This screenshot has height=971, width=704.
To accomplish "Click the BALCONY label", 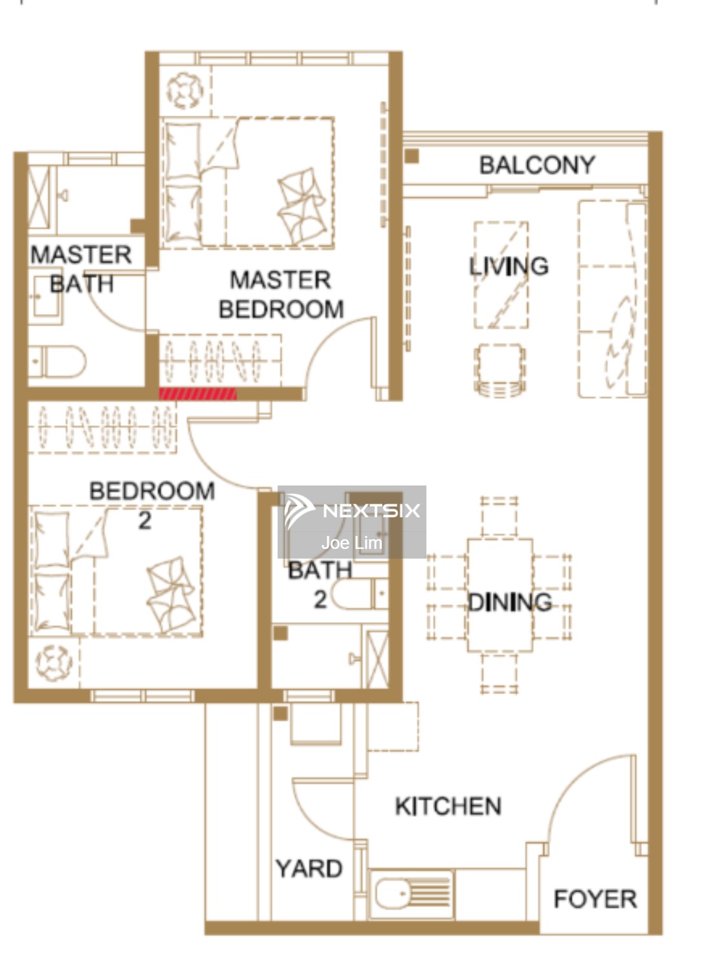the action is [537, 165].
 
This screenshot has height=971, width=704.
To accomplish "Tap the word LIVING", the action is [509, 265].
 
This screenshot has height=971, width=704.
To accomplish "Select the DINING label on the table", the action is [510, 602].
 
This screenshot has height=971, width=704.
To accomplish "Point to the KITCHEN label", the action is [448, 807].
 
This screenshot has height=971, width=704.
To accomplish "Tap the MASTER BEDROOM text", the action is [281, 295].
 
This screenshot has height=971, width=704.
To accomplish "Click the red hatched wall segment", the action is [197, 394].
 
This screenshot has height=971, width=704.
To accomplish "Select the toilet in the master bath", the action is [57, 361].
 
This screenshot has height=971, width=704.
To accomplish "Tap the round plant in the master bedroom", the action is [185, 91].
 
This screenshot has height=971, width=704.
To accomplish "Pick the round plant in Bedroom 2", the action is [54, 663].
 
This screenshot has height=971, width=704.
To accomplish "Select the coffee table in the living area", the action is [501, 275].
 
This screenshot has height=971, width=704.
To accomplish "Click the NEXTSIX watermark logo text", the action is [371, 511].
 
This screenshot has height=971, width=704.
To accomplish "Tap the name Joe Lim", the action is [352, 543].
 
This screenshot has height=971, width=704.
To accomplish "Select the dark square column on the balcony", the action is [412, 156].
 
